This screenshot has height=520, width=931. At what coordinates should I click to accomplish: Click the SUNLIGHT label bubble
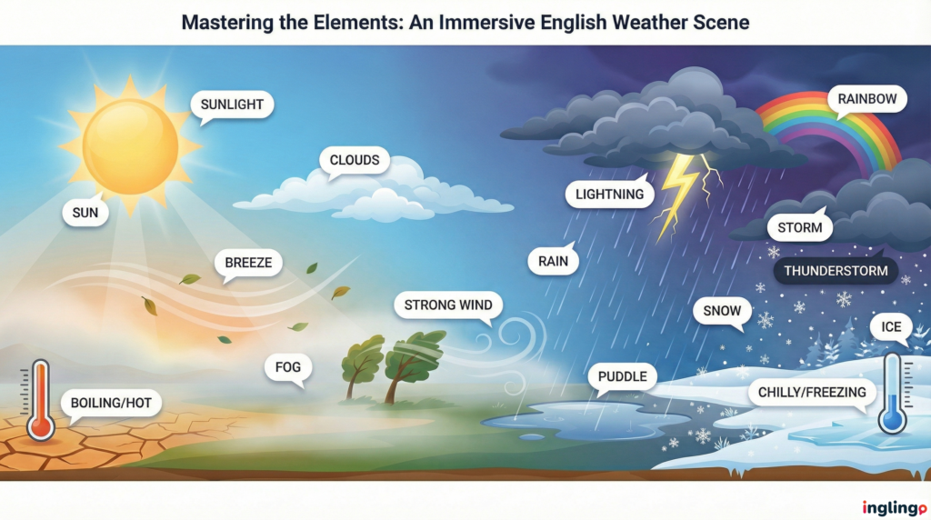click(232, 105)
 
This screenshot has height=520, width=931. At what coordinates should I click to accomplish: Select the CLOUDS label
click(355, 161)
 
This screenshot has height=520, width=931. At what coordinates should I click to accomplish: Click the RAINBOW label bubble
click(866, 98)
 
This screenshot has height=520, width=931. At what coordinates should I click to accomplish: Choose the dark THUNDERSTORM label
click(836, 271)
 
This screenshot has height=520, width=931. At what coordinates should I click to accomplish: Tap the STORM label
click(800, 227)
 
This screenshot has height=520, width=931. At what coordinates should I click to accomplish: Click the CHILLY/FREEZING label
click(812, 393)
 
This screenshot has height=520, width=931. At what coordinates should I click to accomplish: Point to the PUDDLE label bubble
click(623, 376)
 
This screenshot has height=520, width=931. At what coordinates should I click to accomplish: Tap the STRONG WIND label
click(448, 305)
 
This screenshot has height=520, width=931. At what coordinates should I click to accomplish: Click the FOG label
click(288, 367)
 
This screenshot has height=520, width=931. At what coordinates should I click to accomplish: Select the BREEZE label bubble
click(248, 264)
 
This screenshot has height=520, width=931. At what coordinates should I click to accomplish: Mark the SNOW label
click(723, 311)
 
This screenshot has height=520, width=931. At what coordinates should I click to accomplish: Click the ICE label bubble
click(891, 327)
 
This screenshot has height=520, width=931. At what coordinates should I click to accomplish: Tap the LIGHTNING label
click(609, 194)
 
